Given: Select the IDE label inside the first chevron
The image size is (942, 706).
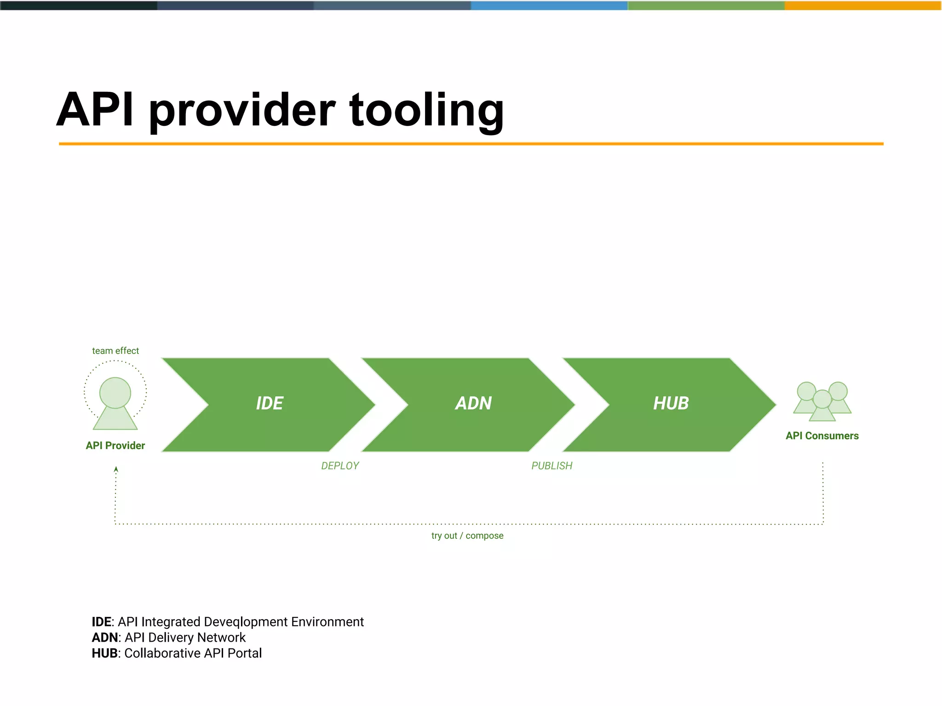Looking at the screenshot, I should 270,404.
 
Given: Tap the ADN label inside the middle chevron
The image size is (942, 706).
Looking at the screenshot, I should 474,404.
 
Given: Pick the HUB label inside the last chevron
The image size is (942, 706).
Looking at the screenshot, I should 671,404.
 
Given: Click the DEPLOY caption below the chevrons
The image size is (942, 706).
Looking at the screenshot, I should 340,466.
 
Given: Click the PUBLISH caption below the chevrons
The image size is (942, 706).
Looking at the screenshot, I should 552,466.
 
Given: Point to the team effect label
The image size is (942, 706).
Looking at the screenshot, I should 115,351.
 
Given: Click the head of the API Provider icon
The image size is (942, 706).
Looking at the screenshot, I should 115,393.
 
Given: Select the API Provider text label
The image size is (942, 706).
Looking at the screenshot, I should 115,445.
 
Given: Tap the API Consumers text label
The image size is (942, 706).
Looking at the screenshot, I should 822,436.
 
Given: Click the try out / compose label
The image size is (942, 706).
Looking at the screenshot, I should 467,535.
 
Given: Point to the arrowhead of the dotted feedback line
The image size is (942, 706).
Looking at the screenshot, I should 116,469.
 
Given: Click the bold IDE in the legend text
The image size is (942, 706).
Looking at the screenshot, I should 101,622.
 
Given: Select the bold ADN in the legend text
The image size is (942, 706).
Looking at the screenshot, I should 105,638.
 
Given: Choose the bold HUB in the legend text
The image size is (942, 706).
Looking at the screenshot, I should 105,653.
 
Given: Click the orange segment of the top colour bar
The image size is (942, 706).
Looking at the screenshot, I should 863,6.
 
